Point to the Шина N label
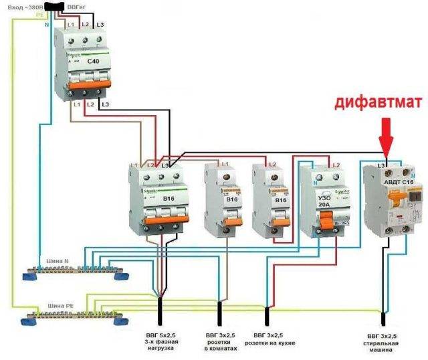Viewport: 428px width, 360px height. click(58, 262)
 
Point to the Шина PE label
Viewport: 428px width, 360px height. click(59, 304)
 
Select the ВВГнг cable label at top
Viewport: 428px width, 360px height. click(76, 5)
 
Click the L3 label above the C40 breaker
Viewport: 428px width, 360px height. click(101, 25)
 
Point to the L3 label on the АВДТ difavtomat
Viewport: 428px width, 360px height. click(381, 165)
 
